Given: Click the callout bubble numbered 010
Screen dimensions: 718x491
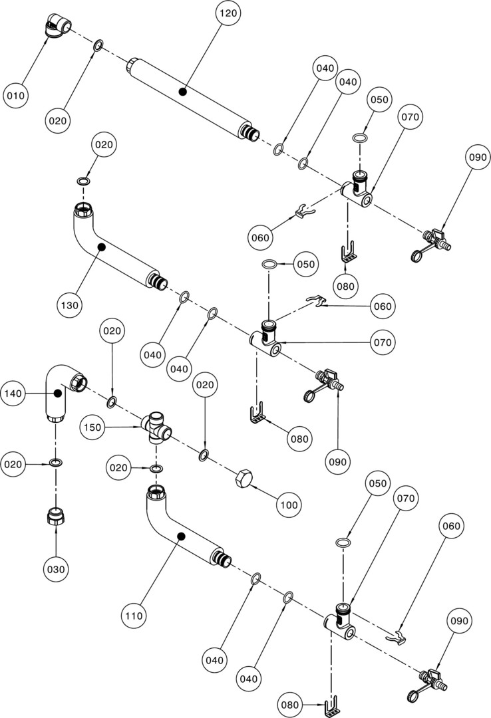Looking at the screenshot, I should click(16, 96).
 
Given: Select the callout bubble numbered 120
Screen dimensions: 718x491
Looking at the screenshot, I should click(229, 13).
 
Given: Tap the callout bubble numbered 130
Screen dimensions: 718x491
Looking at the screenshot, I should click(70, 305).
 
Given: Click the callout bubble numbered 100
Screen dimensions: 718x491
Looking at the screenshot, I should click(289, 505).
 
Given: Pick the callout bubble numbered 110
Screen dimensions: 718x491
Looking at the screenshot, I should click(134, 616).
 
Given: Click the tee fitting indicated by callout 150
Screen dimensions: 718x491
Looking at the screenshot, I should click(156, 427).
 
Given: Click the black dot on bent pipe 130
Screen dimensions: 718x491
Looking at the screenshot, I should click(101, 247).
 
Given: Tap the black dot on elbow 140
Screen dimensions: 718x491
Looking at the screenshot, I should click(57, 394).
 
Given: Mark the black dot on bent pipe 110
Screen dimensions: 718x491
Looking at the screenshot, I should click(180, 536).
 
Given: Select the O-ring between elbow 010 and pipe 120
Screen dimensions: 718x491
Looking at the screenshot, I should click(98, 45).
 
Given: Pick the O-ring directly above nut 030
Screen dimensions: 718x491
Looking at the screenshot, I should click(57, 463).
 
